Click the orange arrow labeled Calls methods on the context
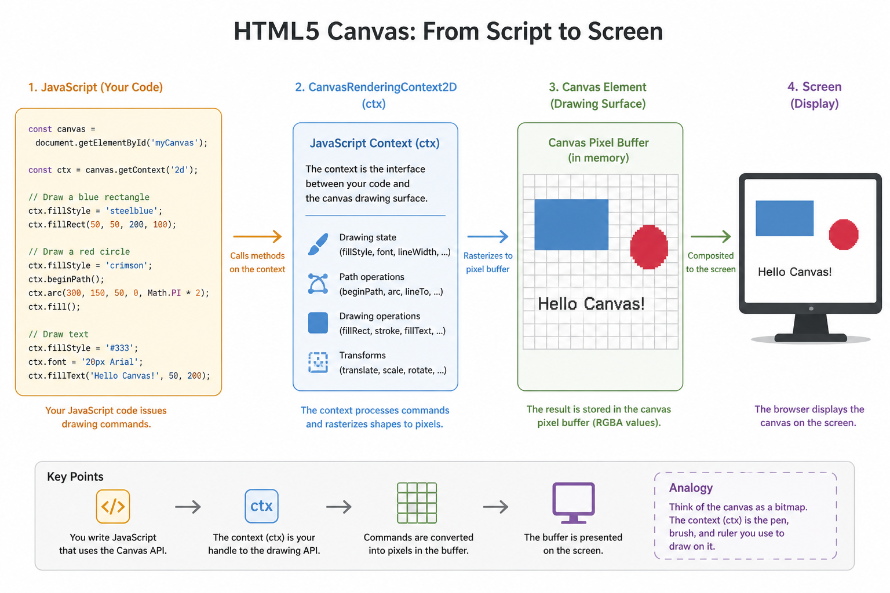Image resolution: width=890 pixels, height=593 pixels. pyautogui.click(x=257, y=236)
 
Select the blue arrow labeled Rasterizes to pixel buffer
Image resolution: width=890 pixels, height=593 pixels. pyautogui.click(x=488, y=236)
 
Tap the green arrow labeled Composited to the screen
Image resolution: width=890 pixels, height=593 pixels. pyautogui.click(x=711, y=236)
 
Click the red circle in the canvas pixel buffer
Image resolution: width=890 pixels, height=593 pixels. pyautogui.click(x=649, y=247)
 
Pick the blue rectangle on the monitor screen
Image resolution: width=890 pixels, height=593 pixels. pyautogui.click(x=785, y=218)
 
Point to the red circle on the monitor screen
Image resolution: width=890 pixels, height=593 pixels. pyautogui.click(x=844, y=235)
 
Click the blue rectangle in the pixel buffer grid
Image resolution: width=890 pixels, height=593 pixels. pyautogui.click(x=571, y=225)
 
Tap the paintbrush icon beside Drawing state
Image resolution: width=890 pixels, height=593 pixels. pyautogui.click(x=318, y=244)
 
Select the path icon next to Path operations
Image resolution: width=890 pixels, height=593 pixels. pyautogui.click(x=318, y=284)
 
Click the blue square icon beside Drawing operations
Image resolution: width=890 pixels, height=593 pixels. pyautogui.click(x=318, y=323)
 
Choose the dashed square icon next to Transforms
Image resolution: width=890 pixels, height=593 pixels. pyautogui.click(x=318, y=363)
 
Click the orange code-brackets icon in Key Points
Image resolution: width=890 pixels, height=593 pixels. pyautogui.click(x=113, y=506)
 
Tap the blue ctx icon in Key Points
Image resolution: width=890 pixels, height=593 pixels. pyautogui.click(x=261, y=506)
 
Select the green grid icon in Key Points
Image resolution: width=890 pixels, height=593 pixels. pyautogui.click(x=417, y=503)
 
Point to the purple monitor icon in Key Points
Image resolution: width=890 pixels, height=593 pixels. pyautogui.click(x=573, y=503)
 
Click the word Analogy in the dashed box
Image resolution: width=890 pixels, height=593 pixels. pyautogui.click(x=691, y=488)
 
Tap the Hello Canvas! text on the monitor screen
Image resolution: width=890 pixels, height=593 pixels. pyautogui.click(x=794, y=272)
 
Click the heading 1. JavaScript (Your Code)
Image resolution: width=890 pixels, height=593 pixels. pyautogui.click(x=96, y=87)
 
